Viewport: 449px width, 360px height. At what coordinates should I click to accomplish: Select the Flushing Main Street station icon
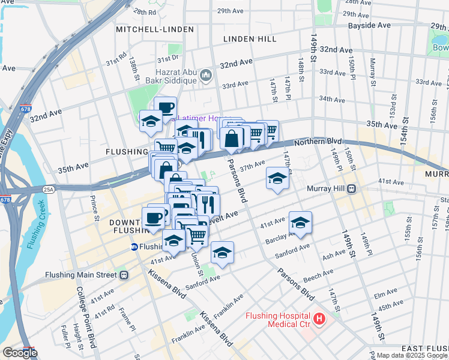point(123,275)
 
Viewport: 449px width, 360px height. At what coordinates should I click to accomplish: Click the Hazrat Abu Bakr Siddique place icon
point(206,74)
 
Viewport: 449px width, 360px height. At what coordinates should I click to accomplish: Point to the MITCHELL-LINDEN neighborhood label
point(155,29)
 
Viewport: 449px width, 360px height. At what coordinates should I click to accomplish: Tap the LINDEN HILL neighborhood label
point(250,38)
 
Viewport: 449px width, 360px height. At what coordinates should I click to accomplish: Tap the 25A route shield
point(49,190)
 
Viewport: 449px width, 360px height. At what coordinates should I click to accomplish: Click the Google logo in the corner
point(19,353)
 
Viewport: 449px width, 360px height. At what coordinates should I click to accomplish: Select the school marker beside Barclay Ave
point(300,223)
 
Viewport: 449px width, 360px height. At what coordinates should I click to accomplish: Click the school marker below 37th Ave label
point(277,178)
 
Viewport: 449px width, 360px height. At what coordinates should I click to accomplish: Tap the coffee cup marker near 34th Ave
point(166,108)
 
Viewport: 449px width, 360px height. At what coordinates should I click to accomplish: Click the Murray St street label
point(373,70)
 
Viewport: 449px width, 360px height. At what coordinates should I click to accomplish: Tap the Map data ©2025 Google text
point(411,355)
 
